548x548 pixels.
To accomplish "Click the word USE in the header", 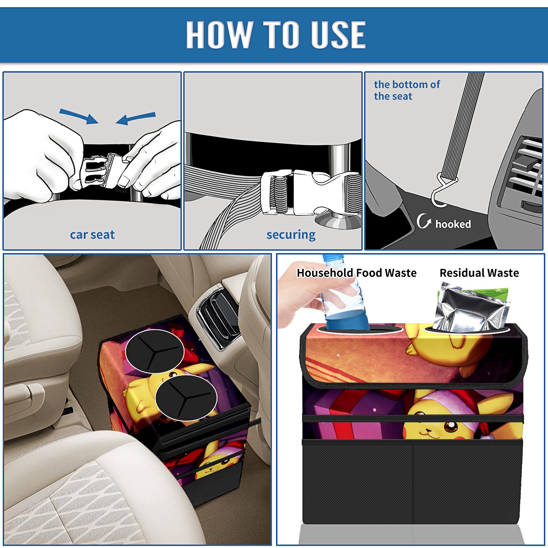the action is (x=338, y=34).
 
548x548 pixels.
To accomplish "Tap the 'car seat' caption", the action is (x=92, y=235).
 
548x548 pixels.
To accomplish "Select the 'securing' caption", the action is (x=291, y=235).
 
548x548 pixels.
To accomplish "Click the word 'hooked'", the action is (x=453, y=224).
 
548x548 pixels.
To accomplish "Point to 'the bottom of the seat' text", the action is (x=407, y=90).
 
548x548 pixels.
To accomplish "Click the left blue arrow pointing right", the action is (x=79, y=116).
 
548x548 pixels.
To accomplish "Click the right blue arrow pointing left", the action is (x=136, y=118).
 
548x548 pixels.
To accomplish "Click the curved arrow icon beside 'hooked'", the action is (x=423, y=221).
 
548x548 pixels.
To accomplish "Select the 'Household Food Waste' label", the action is (x=357, y=273).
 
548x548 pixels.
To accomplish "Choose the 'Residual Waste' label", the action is (x=479, y=273).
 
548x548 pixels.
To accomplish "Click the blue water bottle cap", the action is (x=333, y=257).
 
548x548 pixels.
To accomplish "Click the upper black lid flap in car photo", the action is (x=155, y=351).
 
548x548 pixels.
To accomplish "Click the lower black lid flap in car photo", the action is (x=186, y=398).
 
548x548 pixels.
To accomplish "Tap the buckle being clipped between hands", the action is (x=99, y=171).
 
